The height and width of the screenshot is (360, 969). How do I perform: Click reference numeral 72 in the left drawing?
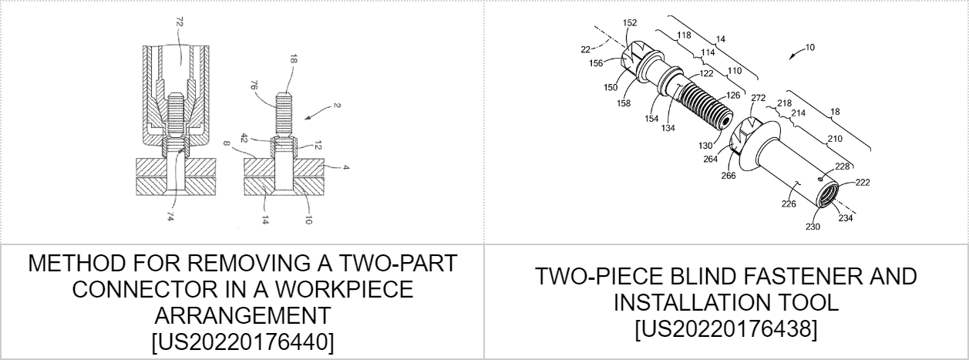(x=180, y=22)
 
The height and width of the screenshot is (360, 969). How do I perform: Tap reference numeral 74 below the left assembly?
(x=170, y=217)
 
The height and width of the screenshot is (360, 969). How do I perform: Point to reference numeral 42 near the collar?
(x=244, y=139)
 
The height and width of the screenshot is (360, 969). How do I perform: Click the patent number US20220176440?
(x=243, y=341)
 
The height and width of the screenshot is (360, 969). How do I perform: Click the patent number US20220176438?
(x=726, y=329)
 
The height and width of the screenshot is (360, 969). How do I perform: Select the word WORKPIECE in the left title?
(x=345, y=289)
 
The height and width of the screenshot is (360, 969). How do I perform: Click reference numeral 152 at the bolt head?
(x=630, y=23)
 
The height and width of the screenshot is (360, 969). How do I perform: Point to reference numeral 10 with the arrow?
(x=809, y=47)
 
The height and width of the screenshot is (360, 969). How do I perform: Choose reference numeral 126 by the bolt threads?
(x=733, y=95)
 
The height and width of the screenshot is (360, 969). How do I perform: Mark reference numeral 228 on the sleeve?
(x=843, y=167)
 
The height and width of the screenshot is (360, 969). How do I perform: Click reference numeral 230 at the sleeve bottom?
(x=813, y=227)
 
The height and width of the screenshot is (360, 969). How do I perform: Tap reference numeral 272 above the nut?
(x=759, y=98)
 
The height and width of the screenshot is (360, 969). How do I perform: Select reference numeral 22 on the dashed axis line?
(x=585, y=50)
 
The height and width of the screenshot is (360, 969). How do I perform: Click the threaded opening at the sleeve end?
(x=827, y=195)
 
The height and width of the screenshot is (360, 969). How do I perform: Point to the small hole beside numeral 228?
(x=819, y=178)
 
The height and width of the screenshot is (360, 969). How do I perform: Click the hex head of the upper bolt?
(x=634, y=59)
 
